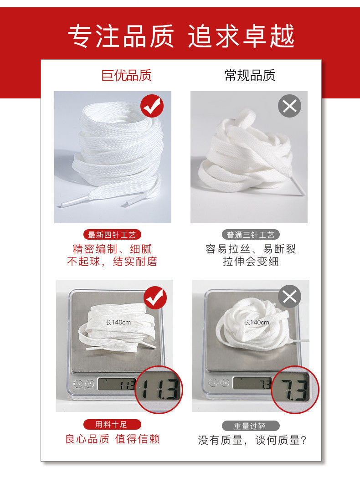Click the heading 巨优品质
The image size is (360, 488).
point(126,75)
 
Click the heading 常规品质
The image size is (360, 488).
point(250,75)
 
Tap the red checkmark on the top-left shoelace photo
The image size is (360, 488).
point(152,107)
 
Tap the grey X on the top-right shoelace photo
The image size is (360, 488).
point(290,107)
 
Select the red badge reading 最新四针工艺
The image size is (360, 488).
point(112,235)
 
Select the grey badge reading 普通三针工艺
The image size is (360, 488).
point(251,235)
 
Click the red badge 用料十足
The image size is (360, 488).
point(112,425)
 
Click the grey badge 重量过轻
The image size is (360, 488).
point(250,426)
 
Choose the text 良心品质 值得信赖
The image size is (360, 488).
point(113,439)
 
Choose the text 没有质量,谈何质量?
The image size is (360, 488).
point(252,440)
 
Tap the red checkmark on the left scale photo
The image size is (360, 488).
point(155,298)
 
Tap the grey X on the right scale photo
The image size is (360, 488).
point(290,297)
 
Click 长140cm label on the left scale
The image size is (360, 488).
point(118,322)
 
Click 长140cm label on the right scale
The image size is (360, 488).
point(257,322)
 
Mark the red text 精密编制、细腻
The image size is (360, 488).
point(112,249)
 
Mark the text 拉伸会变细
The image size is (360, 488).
point(251,262)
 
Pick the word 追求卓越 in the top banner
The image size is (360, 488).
point(242,36)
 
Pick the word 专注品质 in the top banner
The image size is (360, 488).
point(121,36)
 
